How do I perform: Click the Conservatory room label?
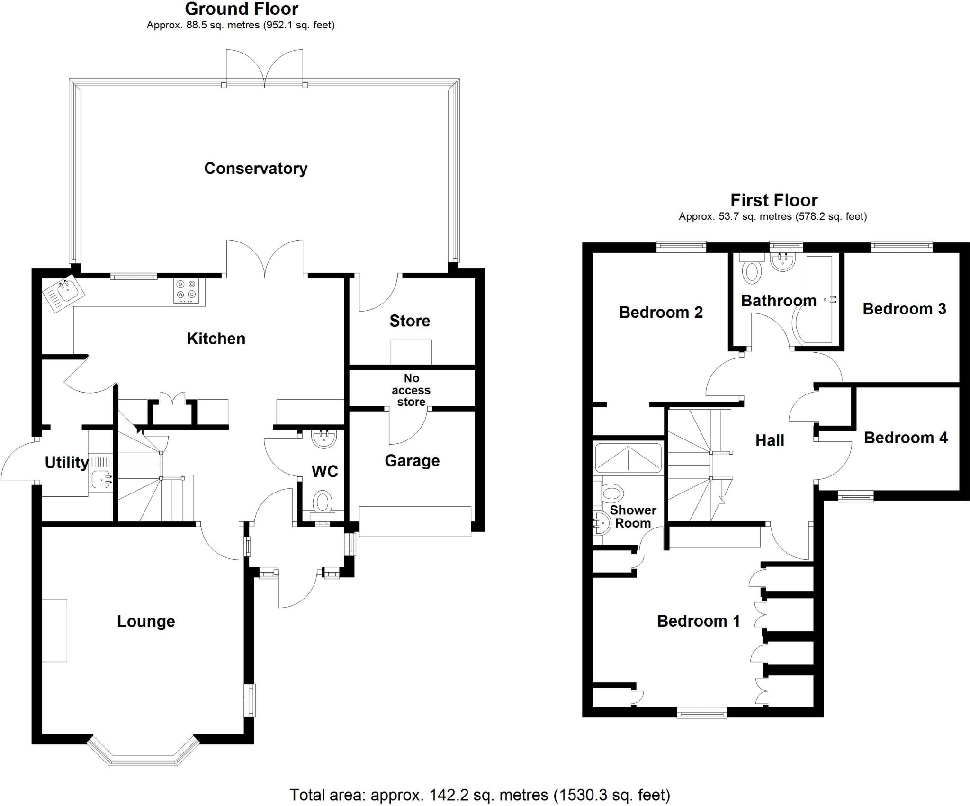256,169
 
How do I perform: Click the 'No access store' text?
411,390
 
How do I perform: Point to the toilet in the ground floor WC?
323,502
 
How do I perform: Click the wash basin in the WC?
324,438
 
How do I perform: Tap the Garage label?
412,460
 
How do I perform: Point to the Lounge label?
146,621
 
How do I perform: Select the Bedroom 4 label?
906,438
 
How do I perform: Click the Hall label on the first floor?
770,440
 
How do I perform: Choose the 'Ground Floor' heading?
242,9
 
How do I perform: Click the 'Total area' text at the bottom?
479,794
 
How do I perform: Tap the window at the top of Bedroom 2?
681,246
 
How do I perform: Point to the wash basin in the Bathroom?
782,262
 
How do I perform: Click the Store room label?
410,321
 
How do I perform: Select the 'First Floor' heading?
774,200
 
